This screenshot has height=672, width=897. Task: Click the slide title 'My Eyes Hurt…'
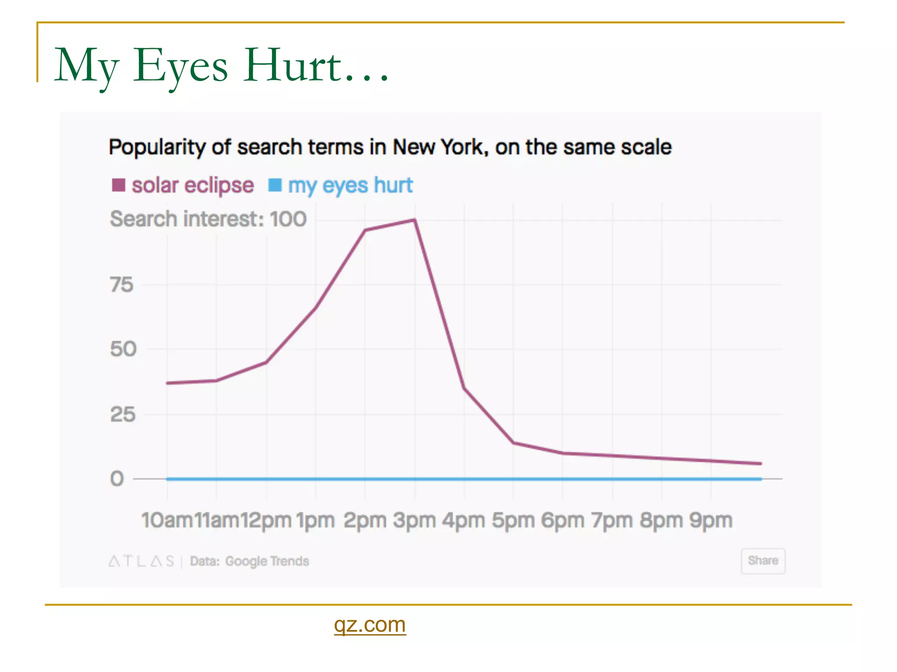(221, 66)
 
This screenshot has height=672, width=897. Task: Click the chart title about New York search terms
(390, 147)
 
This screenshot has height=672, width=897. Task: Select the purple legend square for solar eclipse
(119, 185)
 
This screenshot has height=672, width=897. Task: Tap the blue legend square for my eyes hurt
(275, 185)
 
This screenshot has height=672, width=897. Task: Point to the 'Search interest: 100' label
(208, 219)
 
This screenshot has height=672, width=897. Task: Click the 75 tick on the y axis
(121, 285)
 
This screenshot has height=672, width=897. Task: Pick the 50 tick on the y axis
(123, 349)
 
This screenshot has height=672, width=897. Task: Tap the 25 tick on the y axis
(123, 414)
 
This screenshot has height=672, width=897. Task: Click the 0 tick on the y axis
(117, 479)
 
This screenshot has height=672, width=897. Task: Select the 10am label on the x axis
(167, 521)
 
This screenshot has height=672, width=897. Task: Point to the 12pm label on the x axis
(266, 521)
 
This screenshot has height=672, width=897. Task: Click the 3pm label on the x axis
(414, 521)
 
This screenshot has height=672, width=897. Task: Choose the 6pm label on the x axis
(562, 521)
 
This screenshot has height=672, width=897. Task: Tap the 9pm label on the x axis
(710, 521)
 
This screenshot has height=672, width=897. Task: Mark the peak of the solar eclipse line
(414, 220)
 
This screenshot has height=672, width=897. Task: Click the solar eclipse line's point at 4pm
(464, 388)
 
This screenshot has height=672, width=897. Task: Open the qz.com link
(370, 624)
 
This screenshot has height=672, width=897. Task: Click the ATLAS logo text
(141, 561)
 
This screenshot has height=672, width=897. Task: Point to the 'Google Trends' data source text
(267, 561)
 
